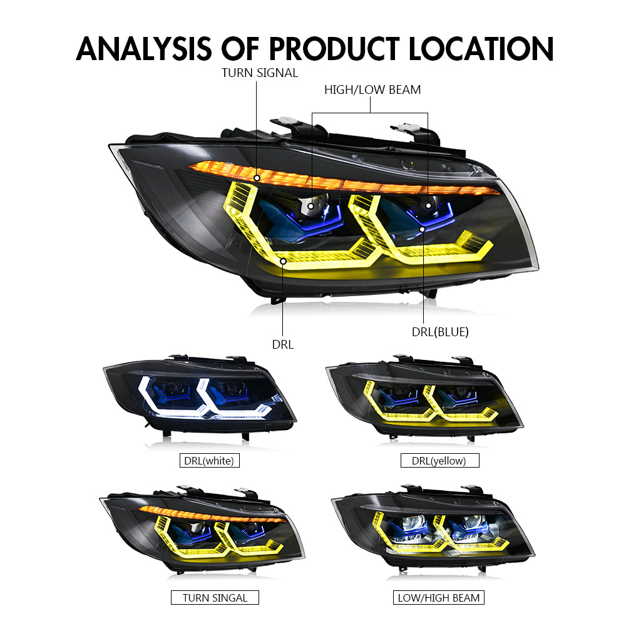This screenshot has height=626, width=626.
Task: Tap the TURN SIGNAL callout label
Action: click(x=260, y=73)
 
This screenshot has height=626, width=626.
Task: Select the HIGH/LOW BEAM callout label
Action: click(x=372, y=90)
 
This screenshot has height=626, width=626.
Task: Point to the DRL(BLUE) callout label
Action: click(x=440, y=332)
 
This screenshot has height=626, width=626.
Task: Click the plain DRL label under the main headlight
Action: click(x=282, y=344)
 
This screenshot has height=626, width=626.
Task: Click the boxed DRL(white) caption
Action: click(x=208, y=461)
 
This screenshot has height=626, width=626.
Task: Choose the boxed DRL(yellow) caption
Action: click(x=439, y=461)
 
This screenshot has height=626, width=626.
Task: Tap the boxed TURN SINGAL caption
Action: click(x=215, y=598)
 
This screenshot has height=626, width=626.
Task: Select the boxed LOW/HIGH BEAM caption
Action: click(x=439, y=598)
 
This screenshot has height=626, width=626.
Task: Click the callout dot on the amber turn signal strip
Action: click(x=257, y=178)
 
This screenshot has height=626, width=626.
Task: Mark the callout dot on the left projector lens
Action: click(x=310, y=205)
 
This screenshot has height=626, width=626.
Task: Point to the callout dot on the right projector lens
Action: click(x=429, y=205)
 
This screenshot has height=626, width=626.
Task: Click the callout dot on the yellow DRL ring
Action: click(x=283, y=260)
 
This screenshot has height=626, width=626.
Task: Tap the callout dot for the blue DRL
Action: click(x=423, y=230)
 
